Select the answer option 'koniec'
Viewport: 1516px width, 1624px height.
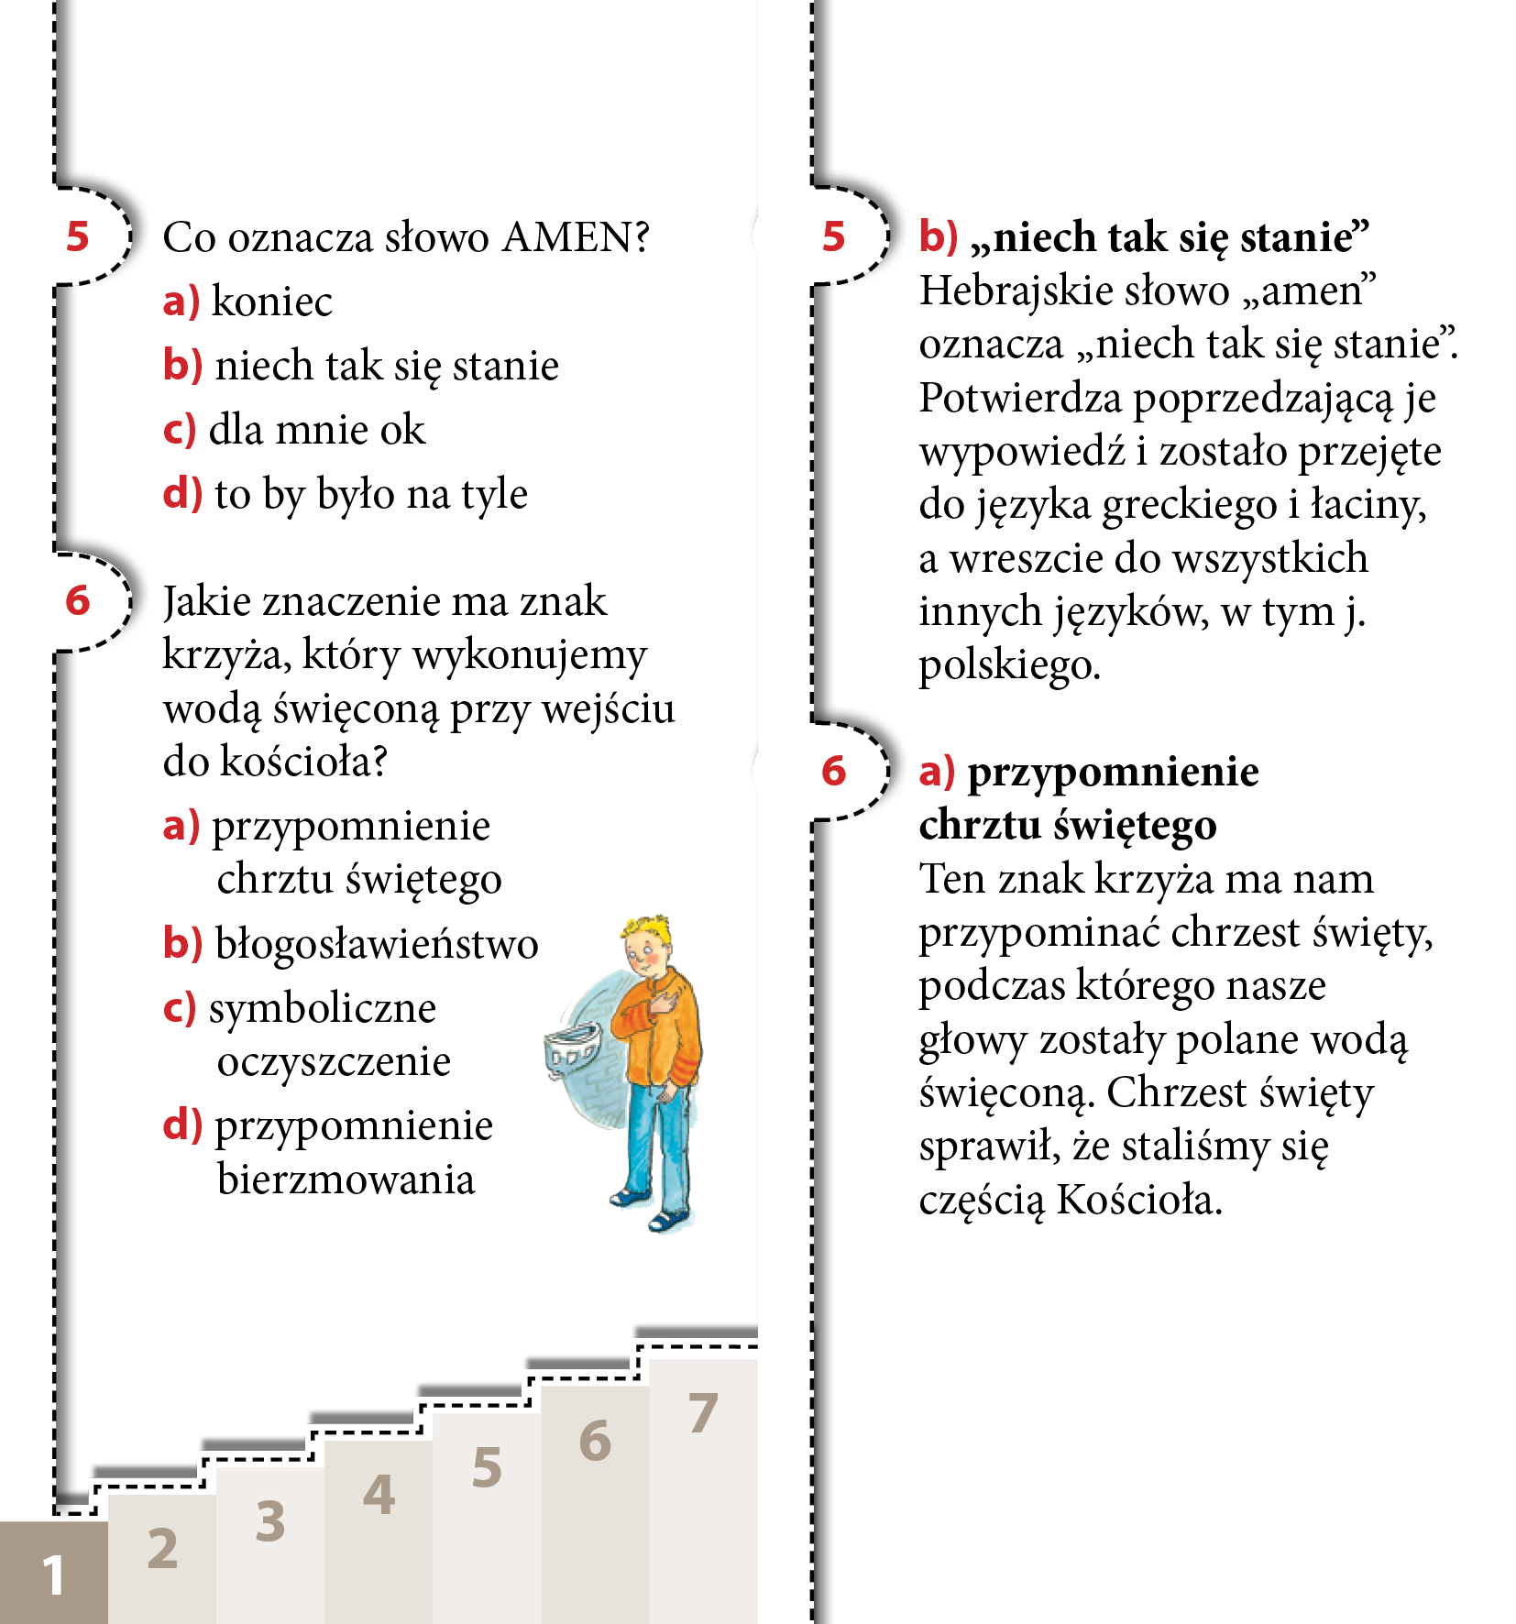(271, 302)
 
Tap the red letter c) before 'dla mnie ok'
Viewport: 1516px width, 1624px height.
(180, 430)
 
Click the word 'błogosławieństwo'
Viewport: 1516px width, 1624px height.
(376, 944)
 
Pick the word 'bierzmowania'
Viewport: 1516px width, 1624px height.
(346, 1180)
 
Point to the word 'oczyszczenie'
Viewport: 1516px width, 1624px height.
(334, 1062)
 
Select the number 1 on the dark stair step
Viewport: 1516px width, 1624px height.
(53, 1575)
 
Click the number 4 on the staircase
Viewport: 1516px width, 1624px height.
(379, 1495)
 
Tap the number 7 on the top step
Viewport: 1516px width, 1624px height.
(703, 1412)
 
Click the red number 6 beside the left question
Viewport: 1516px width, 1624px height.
(78, 601)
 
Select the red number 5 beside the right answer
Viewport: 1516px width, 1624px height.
(833, 236)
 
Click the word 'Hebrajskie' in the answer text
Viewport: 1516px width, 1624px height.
(996, 291)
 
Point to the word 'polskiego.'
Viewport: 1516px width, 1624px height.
(1009, 665)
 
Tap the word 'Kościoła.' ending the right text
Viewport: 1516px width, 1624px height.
(1139, 1200)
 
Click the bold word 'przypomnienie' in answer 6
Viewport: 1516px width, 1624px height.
(1113, 772)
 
